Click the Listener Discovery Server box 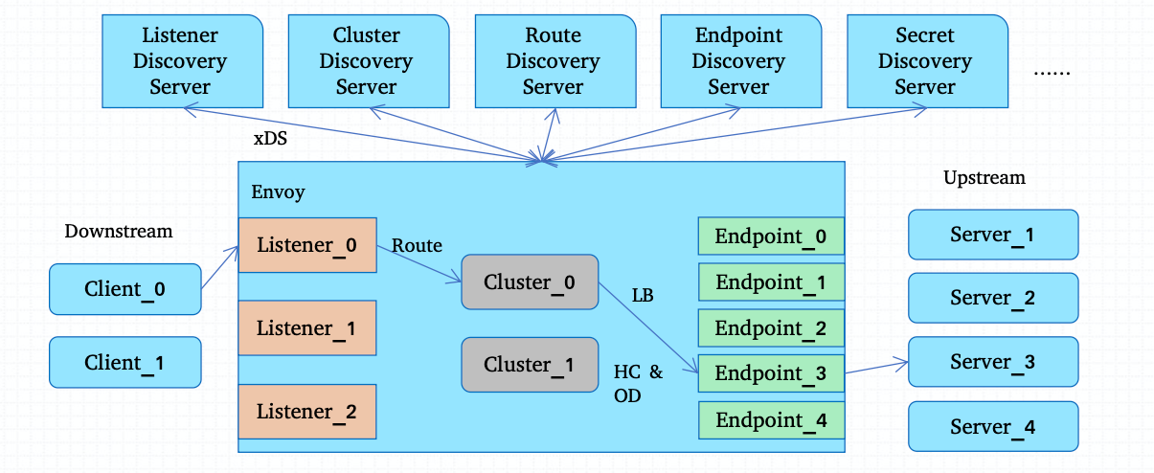coord(180,61)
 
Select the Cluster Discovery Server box coord(366,61)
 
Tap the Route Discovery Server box coord(553,61)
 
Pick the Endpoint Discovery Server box coord(738,61)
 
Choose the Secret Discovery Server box coord(924,61)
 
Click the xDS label coord(270,139)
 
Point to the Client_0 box coord(124,289)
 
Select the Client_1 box coord(124,362)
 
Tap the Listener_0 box coord(306,245)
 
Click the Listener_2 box coord(306,412)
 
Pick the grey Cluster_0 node coord(530,282)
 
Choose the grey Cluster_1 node coord(530,365)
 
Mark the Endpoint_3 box coord(771,373)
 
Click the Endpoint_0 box coord(771,236)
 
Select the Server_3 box coord(993,362)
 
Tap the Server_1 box coord(993,235)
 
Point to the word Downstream coord(119,231)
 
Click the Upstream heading coord(984,178)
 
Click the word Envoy coord(278,192)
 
